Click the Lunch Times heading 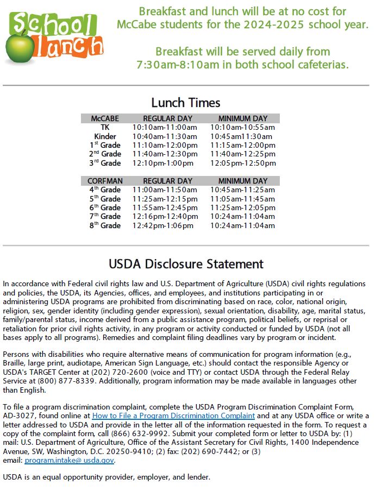(186, 103)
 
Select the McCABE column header (105, 118)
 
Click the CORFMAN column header (105, 181)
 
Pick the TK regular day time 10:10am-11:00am (165, 128)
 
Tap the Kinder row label (105, 136)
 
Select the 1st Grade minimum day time (243, 146)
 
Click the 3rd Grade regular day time (162, 163)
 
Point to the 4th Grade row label (105, 190)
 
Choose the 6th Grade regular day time (165, 208)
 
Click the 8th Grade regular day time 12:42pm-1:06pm (162, 226)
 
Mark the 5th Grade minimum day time (243, 199)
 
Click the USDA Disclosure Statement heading (186, 265)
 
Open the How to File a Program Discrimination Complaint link (173, 416)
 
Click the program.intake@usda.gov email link (70, 461)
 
